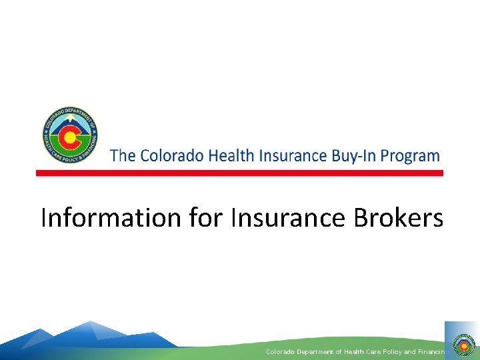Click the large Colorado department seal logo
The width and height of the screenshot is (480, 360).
coord(70,135)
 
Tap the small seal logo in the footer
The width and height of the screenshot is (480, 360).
coord(461,345)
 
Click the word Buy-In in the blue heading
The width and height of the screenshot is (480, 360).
coord(353,157)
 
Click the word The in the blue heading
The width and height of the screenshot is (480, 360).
coord(122,156)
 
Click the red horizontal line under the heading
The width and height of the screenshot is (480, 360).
coord(239,173)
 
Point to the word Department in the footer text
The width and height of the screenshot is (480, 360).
coord(314,351)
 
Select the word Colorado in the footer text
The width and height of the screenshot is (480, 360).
coord(280,351)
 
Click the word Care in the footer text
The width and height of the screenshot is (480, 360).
coord(371,351)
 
